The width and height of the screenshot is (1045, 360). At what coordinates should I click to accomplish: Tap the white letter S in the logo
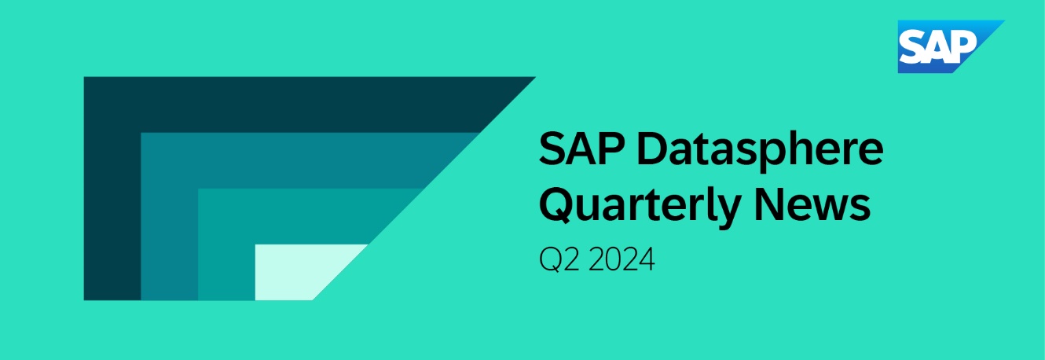914,46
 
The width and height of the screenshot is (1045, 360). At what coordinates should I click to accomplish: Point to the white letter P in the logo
962,46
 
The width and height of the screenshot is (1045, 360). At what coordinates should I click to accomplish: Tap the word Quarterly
640,206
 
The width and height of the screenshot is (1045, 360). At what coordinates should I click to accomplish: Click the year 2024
621,259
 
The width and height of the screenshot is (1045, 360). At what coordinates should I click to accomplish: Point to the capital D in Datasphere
653,149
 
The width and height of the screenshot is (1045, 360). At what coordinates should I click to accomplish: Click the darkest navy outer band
112,187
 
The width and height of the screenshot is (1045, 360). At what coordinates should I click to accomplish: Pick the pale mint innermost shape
299,272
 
